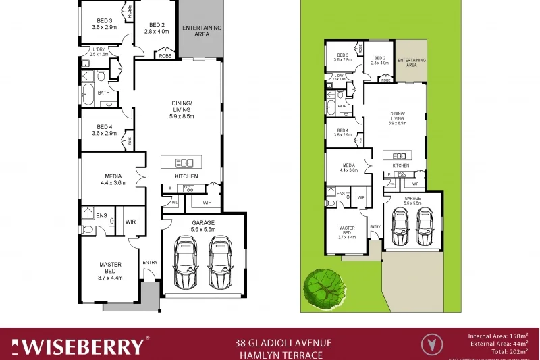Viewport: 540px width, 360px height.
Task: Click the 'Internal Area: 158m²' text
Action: point(498,335)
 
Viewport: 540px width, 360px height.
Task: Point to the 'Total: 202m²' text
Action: point(509,352)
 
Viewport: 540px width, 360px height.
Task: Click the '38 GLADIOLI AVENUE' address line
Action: point(278,342)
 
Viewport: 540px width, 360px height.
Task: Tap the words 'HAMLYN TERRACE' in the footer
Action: point(278,355)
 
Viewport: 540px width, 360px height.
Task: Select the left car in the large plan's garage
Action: point(186,262)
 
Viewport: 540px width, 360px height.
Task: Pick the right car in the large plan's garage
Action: point(221,262)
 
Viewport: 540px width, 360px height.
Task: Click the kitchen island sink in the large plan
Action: point(184,162)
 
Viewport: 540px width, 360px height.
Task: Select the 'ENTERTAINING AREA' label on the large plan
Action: point(202,30)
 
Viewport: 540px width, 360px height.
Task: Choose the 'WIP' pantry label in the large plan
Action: point(207,201)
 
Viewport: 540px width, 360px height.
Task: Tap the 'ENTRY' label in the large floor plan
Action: point(149,262)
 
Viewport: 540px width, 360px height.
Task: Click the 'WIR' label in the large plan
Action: point(130,221)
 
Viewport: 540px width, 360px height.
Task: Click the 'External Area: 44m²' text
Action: point(500,344)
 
